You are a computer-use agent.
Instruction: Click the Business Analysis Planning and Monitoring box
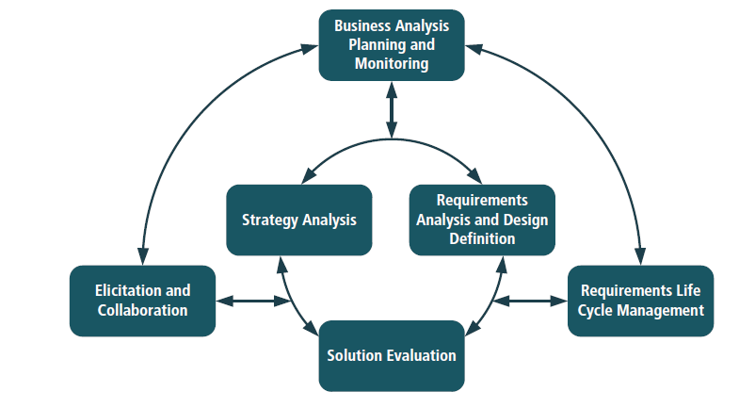click(392, 44)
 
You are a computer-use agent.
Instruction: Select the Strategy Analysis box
click(299, 220)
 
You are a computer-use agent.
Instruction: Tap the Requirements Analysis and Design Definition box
click(482, 220)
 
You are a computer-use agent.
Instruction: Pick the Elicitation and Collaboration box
click(142, 301)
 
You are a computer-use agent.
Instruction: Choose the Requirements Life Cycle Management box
click(640, 301)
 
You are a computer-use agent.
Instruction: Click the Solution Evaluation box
click(392, 355)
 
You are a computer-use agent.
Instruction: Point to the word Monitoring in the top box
click(392, 64)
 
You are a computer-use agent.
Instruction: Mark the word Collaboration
click(142, 310)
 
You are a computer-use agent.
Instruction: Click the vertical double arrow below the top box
click(392, 108)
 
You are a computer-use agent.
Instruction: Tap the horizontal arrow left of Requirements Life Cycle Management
click(530, 302)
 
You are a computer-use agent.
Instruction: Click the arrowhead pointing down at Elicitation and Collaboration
click(143, 255)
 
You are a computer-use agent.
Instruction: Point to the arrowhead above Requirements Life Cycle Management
click(640, 255)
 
